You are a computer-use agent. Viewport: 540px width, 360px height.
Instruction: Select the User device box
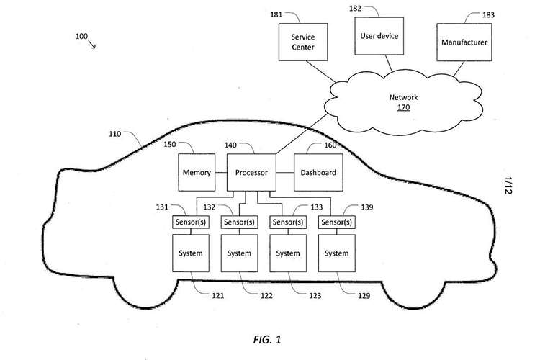pos(377,35)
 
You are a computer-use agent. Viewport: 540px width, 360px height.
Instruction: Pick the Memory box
pos(196,173)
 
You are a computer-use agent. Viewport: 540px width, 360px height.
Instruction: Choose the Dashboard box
pos(318,173)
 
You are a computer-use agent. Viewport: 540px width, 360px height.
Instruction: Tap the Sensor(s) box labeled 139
pos(336,222)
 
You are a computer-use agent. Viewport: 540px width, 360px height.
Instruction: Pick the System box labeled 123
pos(287,253)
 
